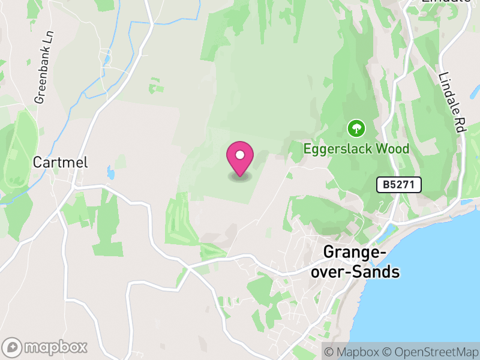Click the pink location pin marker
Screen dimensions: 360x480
tap(240, 158)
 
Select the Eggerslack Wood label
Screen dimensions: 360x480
tap(356, 149)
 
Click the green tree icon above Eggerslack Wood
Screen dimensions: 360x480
tap(356, 127)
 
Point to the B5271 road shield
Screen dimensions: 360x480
tap(399, 185)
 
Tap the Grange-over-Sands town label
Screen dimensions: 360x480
tap(361, 262)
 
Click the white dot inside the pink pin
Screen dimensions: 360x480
tap(240, 155)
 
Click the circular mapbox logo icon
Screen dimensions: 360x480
tap(13, 347)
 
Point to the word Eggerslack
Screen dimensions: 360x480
tap(336, 149)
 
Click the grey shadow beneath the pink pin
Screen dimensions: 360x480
tap(240, 177)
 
